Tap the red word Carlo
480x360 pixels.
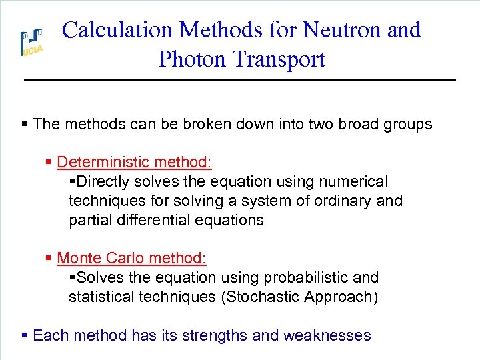[123, 258]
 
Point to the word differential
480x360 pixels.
[147, 221]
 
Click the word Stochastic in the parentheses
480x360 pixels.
[262, 297]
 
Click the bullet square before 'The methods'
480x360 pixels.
[24, 125]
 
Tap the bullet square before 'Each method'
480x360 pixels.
[24, 336]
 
